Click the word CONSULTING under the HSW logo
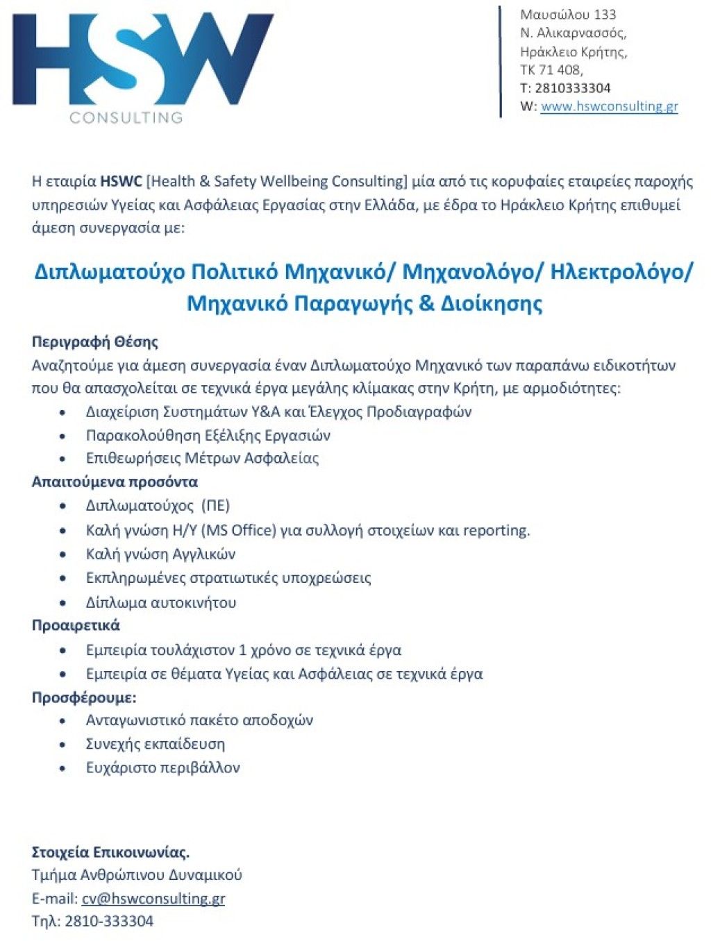tap(126, 117)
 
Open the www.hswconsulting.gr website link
tap(609, 106)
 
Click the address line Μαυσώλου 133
tap(568, 15)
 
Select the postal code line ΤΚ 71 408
tap(551, 69)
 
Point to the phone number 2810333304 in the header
tap(572, 88)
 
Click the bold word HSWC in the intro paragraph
tap(121, 182)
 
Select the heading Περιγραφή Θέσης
tap(95, 341)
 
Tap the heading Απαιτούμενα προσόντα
tap(115, 482)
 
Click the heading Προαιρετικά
tap(76, 625)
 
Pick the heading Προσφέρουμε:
tap(84, 697)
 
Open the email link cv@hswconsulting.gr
tap(153, 899)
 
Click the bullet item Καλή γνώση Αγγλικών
tap(160, 554)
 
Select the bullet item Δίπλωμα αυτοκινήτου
tap(161, 602)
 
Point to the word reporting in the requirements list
tap(496, 530)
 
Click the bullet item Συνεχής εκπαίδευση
tap(155, 744)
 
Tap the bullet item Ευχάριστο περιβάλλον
tap(162, 768)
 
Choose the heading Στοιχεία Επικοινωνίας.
tap(110, 852)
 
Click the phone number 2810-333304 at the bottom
tap(109, 922)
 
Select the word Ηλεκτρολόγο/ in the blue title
tap(621, 271)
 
